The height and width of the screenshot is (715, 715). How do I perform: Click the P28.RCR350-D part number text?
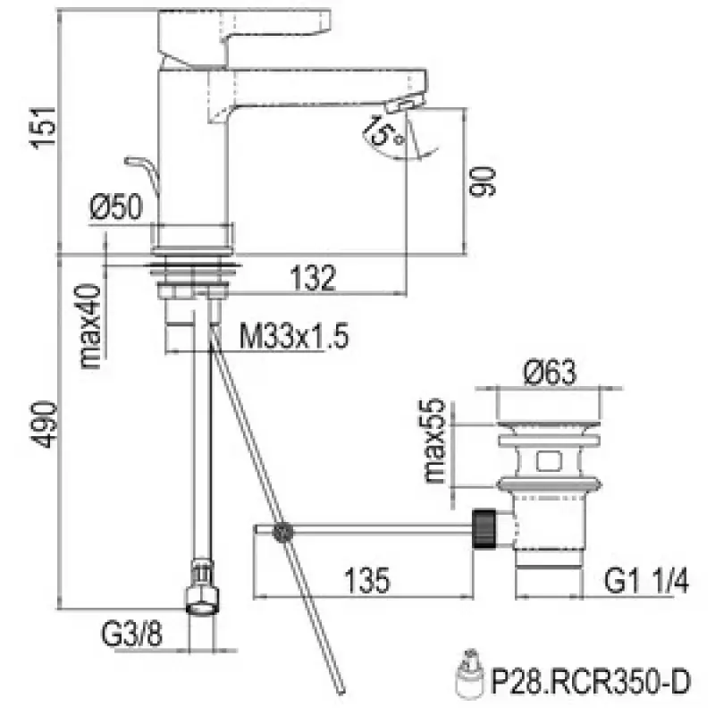(592, 684)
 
